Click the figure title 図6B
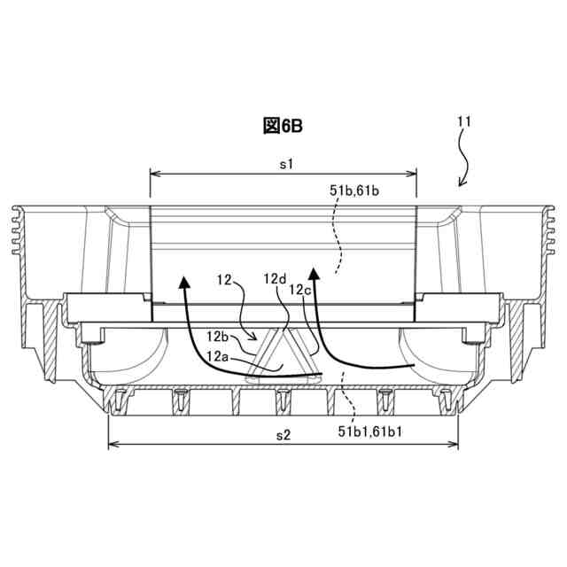[283, 126]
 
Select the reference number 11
[464, 122]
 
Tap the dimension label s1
[286, 165]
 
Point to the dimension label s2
[283, 435]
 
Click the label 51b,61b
[354, 190]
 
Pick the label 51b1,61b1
[370, 431]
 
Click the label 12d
[275, 279]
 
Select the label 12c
[300, 290]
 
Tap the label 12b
[218, 337]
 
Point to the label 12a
[218, 357]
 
